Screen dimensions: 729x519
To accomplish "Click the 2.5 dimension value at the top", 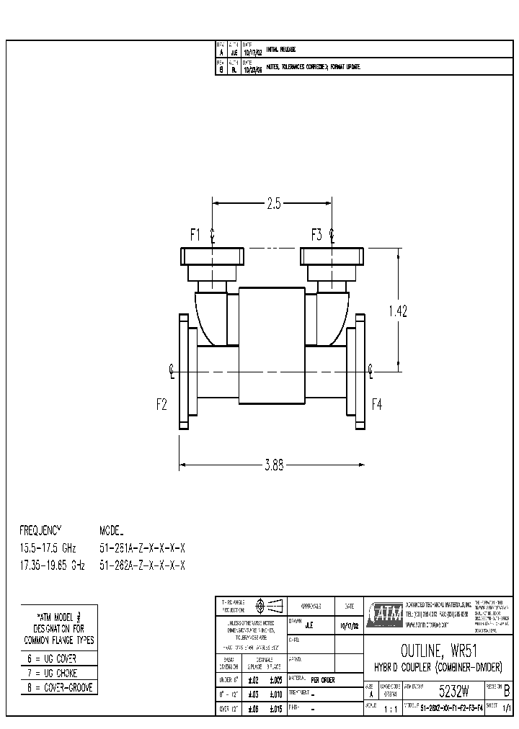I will coord(273,204).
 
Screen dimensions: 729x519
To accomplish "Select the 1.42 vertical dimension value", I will coord(397,311).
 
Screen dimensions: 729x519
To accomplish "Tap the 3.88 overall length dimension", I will coord(273,465).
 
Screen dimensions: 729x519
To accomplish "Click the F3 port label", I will coord(316,235).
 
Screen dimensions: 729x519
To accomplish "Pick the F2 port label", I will coord(162,404).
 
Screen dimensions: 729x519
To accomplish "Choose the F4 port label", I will coord(377,404).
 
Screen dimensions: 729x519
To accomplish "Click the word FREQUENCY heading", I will coord(41,529).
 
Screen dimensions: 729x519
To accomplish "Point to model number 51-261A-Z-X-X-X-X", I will coord(142,548).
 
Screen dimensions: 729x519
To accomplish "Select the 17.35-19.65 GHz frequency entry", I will coord(52,566).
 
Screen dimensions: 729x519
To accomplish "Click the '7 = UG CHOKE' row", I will coord(51,673).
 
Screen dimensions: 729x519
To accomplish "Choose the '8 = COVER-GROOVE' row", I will coord(58,687).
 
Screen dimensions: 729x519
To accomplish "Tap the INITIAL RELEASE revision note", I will coord(281,50).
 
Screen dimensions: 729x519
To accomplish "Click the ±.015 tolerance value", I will coord(275,709).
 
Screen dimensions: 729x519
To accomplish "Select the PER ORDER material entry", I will coord(323,679).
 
